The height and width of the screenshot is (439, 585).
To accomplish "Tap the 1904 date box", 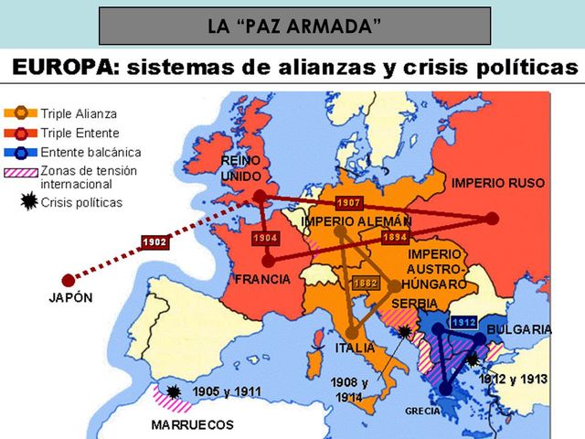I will pos(265,238).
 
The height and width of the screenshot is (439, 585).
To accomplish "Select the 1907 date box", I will pos(348,202).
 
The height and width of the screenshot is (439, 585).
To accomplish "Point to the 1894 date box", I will pos(394,236).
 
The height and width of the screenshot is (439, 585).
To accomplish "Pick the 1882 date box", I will pos(366,283).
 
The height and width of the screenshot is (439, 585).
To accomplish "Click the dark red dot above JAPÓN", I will pos(67,280).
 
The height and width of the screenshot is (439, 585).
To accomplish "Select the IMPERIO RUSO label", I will pos(497,183).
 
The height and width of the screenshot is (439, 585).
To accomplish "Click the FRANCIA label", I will pos(261,279).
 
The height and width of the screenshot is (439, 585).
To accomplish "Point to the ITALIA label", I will pos(355,348).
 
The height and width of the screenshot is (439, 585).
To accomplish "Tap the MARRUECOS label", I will pos(192,425).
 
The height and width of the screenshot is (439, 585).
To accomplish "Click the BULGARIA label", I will pos(518,329).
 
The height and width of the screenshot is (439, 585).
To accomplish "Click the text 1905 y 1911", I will pos(227,392).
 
